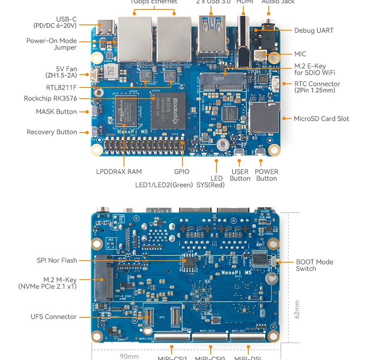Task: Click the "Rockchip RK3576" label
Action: (x=50, y=99)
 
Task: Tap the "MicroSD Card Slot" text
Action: (x=321, y=118)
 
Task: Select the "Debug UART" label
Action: (x=314, y=30)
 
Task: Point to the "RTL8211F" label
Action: (x=61, y=87)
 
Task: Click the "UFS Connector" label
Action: (x=53, y=317)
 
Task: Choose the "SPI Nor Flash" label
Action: (x=57, y=260)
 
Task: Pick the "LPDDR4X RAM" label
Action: (x=119, y=172)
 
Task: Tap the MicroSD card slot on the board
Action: (x=264, y=117)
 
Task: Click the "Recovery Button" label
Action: (x=52, y=132)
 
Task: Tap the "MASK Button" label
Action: (x=56, y=111)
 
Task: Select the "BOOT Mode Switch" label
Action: (x=314, y=265)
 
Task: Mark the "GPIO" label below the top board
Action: (x=182, y=172)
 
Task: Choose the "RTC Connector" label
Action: (x=317, y=87)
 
